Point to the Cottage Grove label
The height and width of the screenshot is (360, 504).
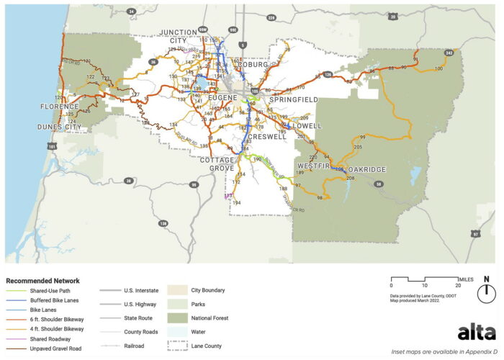coord(217,163)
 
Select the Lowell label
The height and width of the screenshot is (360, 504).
coord(307,126)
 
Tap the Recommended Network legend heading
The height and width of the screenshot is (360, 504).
coord(42,280)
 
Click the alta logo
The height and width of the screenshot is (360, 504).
coord(476,332)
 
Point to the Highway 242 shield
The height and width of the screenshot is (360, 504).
coord(449,53)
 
